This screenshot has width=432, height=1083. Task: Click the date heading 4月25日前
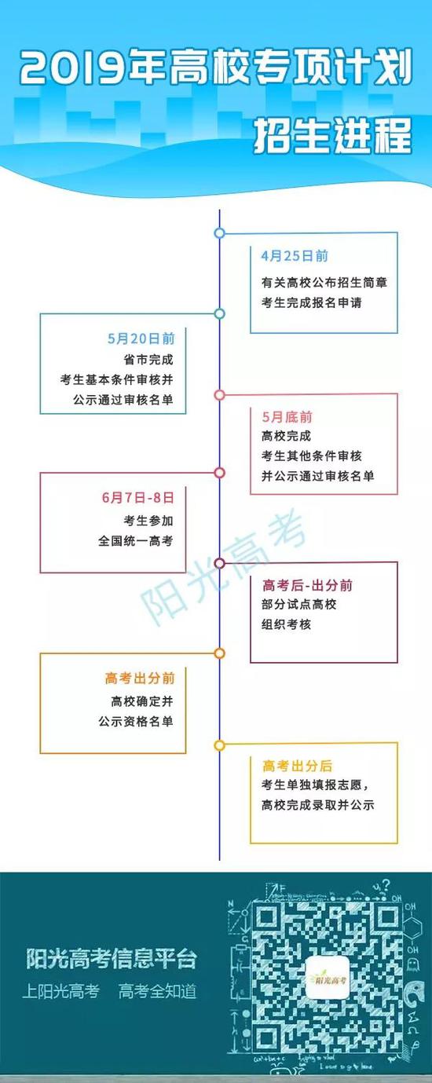tap(295, 256)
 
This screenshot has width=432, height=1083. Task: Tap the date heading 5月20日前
tap(141, 338)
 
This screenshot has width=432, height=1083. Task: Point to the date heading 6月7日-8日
tap(138, 497)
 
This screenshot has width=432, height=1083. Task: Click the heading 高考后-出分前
tap(307, 586)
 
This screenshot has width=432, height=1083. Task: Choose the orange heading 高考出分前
tap(140, 678)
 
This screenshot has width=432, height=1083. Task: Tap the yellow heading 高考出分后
tap(297, 766)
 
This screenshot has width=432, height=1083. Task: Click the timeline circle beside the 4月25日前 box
tap(220, 233)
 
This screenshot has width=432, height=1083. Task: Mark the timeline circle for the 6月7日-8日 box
tap(220, 472)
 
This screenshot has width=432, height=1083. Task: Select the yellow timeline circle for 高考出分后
tap(220, 745)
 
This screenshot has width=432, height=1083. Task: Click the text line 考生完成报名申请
tap(312, 303)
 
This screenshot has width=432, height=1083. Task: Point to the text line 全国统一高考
tap(135, 540)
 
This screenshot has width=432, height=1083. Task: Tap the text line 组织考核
tap(287, 624)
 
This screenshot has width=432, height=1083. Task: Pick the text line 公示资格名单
tap(135, 722)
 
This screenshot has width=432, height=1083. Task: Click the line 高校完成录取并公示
tap(318, 805)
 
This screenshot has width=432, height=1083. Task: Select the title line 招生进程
tap(333, 135)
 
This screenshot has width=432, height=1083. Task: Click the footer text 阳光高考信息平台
tap(112, 959)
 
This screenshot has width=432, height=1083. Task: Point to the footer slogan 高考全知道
tap(158, 991)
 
